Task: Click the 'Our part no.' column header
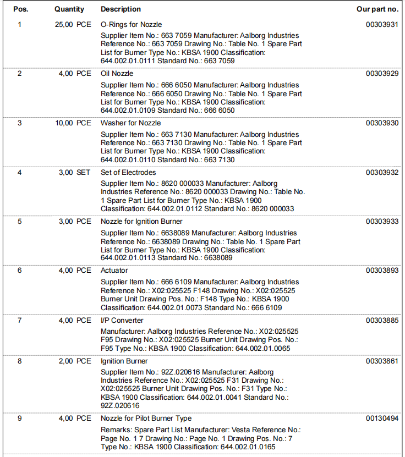(377, 9)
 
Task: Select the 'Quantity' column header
(69, 9)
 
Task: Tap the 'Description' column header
(121, 9)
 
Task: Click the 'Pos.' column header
(20, 9)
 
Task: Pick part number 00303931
(382, 25)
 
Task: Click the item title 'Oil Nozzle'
(117, 74)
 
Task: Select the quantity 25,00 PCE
(73, 25)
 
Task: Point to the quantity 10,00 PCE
(73, 123)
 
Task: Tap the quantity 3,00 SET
(74, 173)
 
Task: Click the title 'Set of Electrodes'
(128, 173)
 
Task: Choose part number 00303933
(382, 222)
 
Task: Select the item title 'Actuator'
(114, 271)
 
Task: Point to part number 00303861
(382, 361)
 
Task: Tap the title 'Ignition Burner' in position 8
(124, 361)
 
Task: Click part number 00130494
(382, 419)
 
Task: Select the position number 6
(20, 271)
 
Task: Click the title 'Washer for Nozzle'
(130, 123)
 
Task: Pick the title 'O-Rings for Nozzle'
(132, 25)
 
